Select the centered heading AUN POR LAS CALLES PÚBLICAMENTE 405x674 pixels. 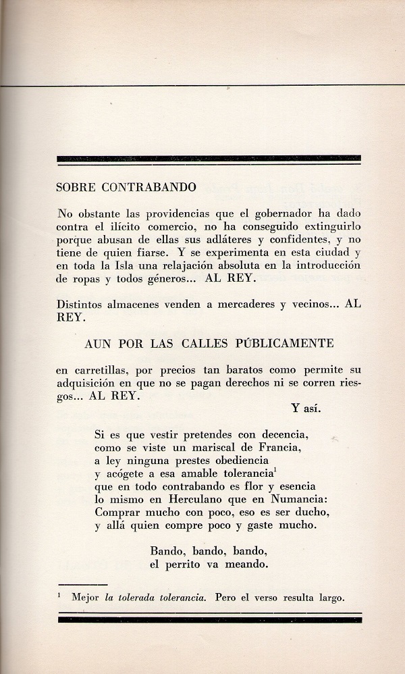(209, 343)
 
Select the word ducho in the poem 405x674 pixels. (313, 513)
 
